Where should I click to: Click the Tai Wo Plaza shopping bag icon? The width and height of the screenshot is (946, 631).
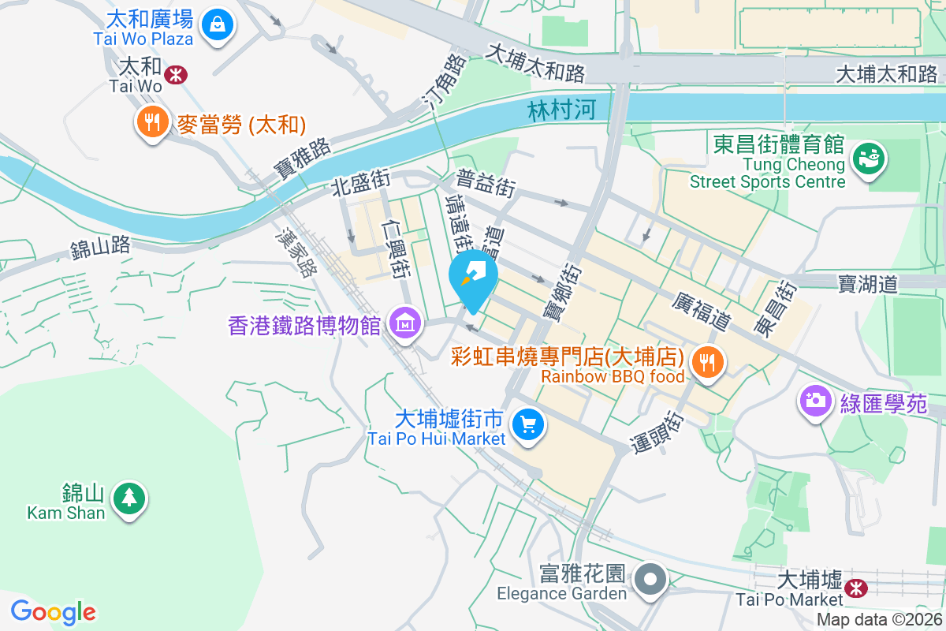click(x=215, y=24)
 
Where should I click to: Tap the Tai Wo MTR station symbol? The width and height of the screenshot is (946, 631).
click(x=175, y=74)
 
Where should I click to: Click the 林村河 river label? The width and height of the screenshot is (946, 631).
click(x=562, y=110)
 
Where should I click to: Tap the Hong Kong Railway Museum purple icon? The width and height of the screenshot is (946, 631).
click(x=406, y=323)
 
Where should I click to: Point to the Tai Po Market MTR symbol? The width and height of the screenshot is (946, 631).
click(x=855, y=587)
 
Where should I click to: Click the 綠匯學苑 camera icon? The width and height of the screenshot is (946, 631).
click(x=816, y=400)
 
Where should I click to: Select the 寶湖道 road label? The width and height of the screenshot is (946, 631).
click(x=868, y=284)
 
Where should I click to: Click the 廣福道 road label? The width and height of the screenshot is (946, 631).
click(x=702, y=310)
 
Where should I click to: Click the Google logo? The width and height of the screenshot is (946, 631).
click(x=53, y=612)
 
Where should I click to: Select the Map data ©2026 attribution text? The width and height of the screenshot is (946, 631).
click(x=879, y=620)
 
